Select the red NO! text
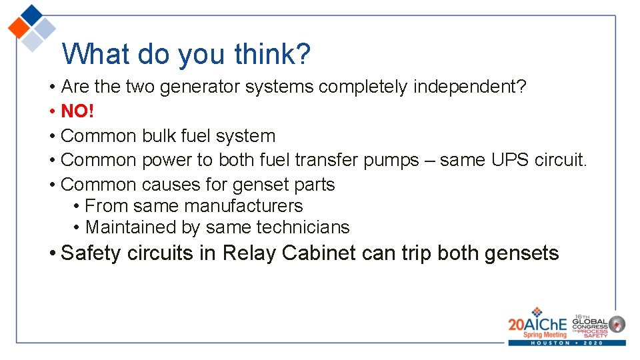point(77,111)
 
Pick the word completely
point(364,87)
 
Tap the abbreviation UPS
point(511,160)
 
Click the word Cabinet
point(319,253)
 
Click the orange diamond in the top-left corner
point(19,28)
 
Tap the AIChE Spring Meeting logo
point(537,324)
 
